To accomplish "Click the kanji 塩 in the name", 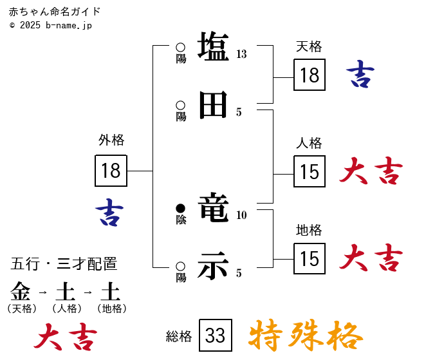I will (213, 47).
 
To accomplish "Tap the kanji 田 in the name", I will (213, 105).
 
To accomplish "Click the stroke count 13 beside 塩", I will (241, 54).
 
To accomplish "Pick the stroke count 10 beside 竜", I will (241, 215).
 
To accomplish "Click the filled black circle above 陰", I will (181, 208).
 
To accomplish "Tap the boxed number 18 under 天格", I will (310, 75).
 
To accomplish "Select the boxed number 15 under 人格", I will (310, 172).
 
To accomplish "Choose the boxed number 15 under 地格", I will (310, 259).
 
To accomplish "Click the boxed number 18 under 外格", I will (111, 171).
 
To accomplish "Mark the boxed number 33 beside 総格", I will (215, 336).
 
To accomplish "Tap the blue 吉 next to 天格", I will (360, 75).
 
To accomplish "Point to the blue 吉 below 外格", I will (109, 212).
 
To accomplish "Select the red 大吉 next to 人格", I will (371, 171).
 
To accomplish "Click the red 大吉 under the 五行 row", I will (66, 336).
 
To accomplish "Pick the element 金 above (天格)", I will (21, 292).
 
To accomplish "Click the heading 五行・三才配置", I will (64, 264).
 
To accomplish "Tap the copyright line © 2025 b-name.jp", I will (51, 25).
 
